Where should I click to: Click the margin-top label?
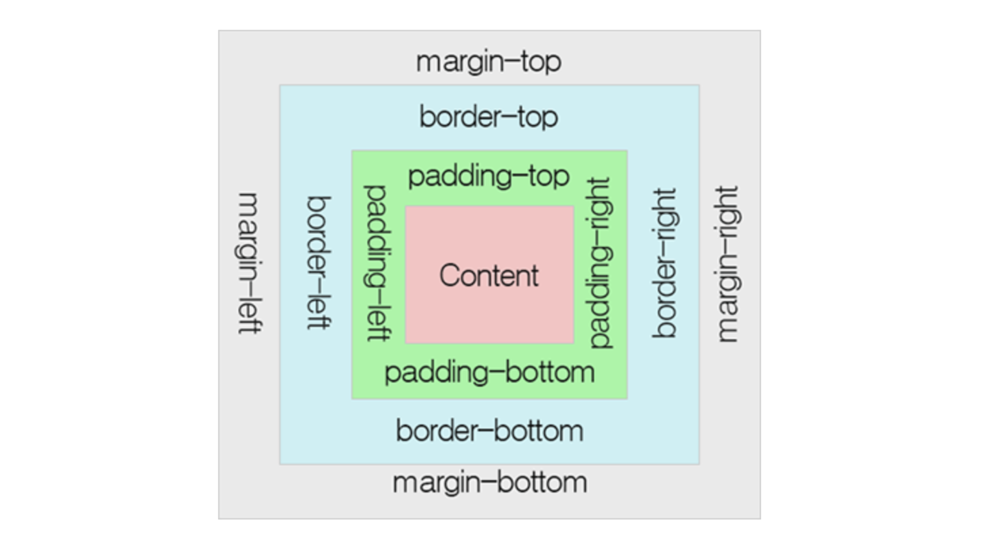tap(488, 62)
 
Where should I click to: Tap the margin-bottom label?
tap(489, 482)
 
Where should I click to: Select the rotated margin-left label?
tap(250, 263)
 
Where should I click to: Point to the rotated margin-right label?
tap(727, 264)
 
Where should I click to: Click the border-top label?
tap(488, 117)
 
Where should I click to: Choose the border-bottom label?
tap(489, 431)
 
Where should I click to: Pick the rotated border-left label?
tap(319, 263)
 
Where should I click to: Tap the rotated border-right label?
tap(665, 263)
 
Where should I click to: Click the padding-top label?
tap(488, 176)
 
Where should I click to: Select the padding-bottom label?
tap(489, 373)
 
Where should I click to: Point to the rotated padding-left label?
tap(377, 263)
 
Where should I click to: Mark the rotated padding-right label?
tap(600, 263)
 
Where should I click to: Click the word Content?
tap(489, 275)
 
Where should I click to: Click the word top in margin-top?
tap(541, 62)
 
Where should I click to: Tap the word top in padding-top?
tap(549, 176)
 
